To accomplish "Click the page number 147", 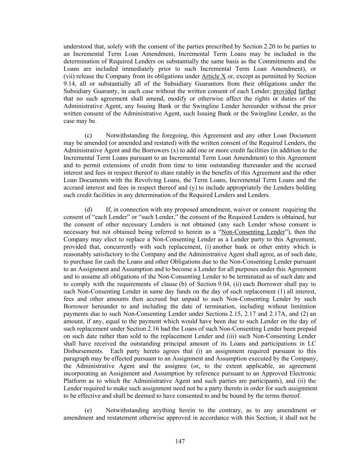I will pyautogui.click(x=180, y=441).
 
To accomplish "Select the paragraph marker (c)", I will pyautogui.click(x=88, y=136).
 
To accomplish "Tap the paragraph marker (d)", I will pyautogui.click(x=88, y=210).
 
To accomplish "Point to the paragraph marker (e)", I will pyautogui.click(x=88, y=410).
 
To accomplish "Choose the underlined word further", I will pyautogui.click(x=307, y=91).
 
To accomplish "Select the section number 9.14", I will pyautogui.click(x=70, y=84).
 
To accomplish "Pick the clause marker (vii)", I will pyautogui.click(x=69, y=76).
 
